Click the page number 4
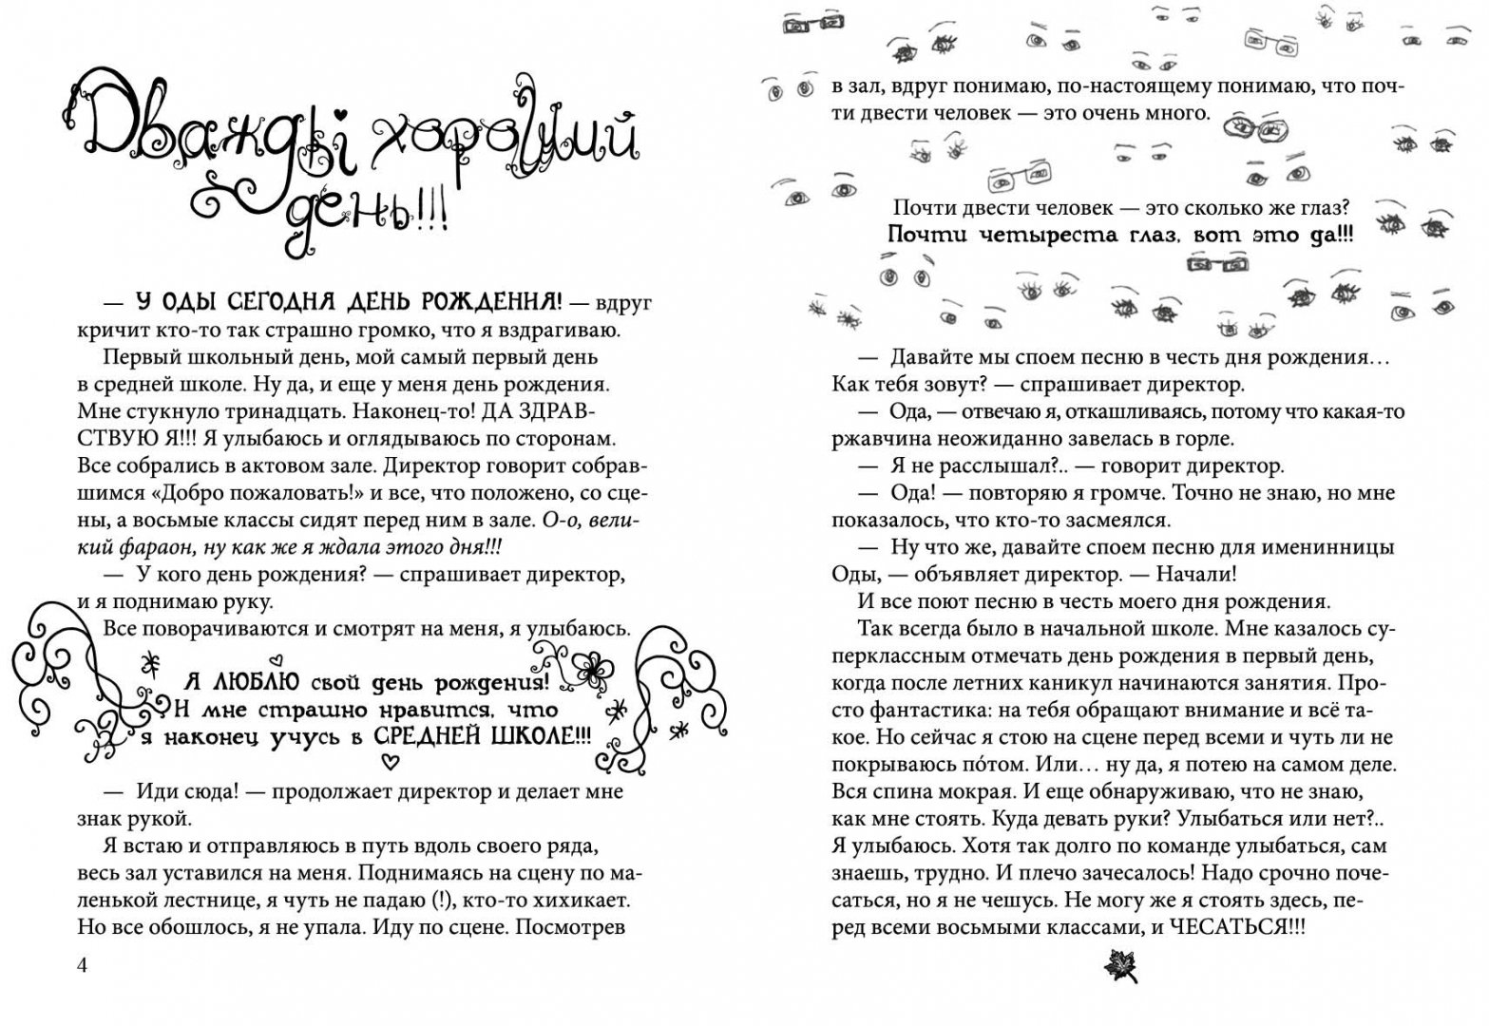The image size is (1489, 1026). pos(82,965)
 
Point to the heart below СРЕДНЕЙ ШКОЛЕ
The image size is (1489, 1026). pos(388,760)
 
